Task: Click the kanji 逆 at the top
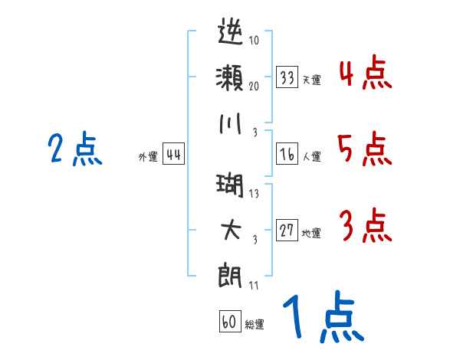click(x=231, y=31)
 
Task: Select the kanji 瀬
click(x=230, y=77)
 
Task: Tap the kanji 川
click(x=231, y=124)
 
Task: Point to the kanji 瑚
click(x=230, y=185)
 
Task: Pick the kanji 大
click(x=232, y=230)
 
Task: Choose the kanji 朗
click(x=230, y=277)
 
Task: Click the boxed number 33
click(x=287, y=77)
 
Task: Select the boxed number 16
click(x=287, y=154)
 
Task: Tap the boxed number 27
click(x=287, y=230)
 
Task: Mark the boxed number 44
click(x=174, y=154)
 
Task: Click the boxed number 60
click(x=230, y=321)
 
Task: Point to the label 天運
click(x=312, y=80)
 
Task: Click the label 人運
click(x=312, y=156)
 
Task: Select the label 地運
click(x=311, y=233)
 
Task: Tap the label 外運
click(x=148, y=156)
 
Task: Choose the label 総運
click(x=255, y=324)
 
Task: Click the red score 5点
click(x=365, y=149)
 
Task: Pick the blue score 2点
click(x=75, y=149)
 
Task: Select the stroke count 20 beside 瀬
click(x=254, y=86)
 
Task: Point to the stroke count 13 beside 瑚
click(x=254, y=194)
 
